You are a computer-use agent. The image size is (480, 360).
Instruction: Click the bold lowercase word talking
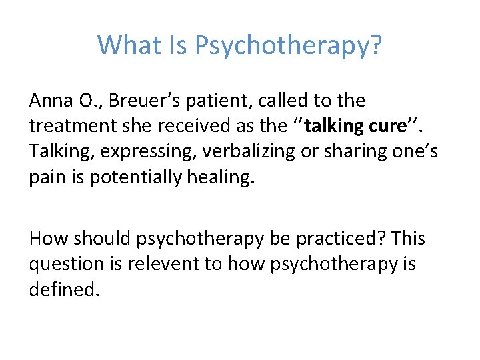[329, 126]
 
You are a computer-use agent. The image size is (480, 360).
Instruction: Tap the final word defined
[63, 290]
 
